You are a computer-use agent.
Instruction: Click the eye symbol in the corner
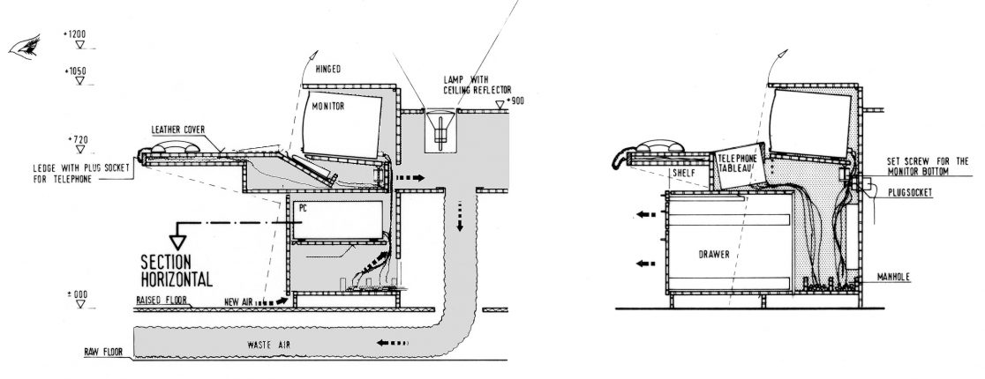(24, 47)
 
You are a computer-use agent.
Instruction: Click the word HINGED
(327, 69)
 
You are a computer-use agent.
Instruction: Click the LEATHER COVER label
(178, 129)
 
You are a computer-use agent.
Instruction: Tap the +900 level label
(514, 102)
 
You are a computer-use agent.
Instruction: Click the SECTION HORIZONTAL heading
(177, 270)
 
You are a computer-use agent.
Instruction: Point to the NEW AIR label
(240, 302)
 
